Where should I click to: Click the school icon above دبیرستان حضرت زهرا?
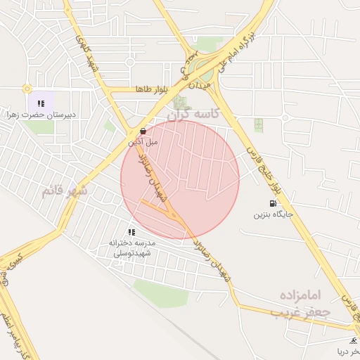[41, 103]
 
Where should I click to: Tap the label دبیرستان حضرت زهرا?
[41, 113]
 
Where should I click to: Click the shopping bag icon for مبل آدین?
[143, 131]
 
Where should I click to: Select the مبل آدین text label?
[143, 141]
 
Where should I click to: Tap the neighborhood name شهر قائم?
[64, 191]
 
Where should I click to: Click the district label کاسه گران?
[195, 112]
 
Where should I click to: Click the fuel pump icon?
[272, 203]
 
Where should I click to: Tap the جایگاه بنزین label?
[273, 214]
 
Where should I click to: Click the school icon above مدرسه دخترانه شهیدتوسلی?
[131, 231]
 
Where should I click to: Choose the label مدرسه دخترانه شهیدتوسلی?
[136, 247]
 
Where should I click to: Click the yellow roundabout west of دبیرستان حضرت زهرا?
[27, 89]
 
